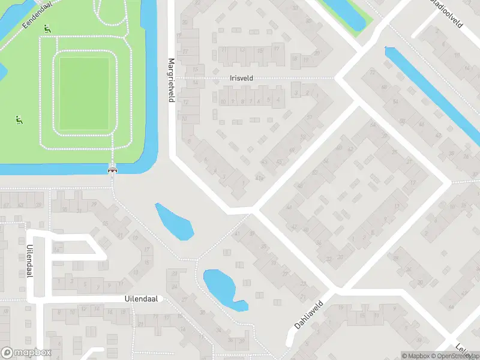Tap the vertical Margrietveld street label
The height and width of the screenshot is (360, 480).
(171, 80)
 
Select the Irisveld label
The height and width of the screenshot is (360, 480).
(241, 78)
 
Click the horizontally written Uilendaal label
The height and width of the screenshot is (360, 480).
(141, 299)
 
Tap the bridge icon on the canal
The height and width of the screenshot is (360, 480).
(112, 170)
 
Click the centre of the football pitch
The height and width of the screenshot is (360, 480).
(84, 94)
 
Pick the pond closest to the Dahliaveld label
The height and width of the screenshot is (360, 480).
(222, 288)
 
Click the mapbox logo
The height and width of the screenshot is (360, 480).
(26, 353)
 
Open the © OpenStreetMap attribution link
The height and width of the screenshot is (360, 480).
(455, 356)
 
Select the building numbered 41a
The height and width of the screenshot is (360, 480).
(259, 178)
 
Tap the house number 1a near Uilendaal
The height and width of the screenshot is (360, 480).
(57, 248)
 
